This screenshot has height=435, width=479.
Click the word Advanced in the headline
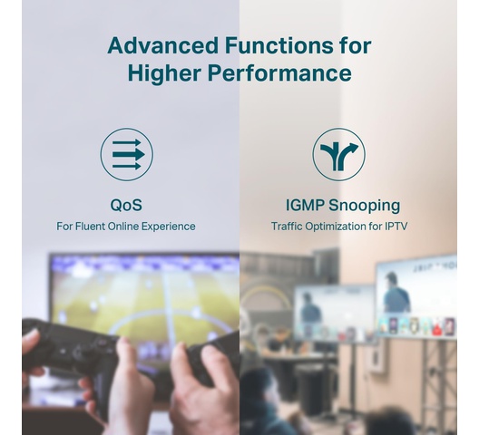(x=162, y=45)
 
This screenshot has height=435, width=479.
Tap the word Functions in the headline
(x=279, y=45)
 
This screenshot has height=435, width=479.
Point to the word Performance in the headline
(x=279, y=73)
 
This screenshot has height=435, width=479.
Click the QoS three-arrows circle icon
(x=127, y=154)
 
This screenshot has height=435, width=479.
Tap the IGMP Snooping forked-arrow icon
(x=338, y=154)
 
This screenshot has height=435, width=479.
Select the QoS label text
(x=126, y=205)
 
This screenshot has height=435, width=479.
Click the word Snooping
(x=364, y=206)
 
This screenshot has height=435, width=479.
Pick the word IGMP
(x=305, y=205)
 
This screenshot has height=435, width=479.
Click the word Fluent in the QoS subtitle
(x=90, y=227)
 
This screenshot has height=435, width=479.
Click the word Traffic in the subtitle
(x=287, y=227)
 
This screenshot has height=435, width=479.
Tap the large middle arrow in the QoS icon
(x=129, y=154)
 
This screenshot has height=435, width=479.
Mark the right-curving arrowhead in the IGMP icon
(x=354, y=148)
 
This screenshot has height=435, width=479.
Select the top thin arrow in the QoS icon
(x=127, y=142)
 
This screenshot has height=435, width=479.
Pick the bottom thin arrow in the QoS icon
(x=127, y=167)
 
